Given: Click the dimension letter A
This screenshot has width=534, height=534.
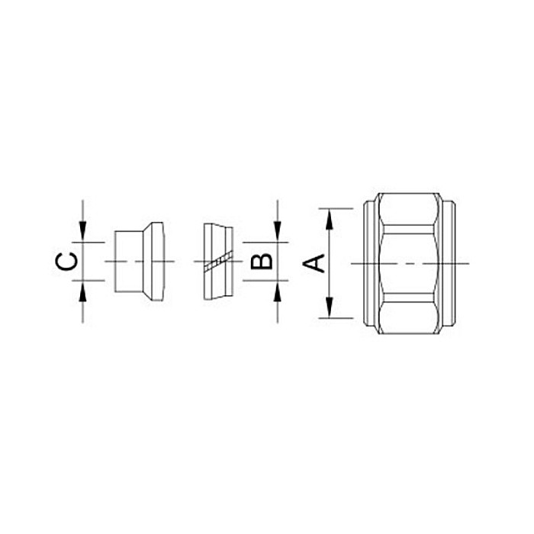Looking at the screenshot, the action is point(314,263).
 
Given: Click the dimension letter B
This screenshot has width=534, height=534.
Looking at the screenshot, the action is point(262,262).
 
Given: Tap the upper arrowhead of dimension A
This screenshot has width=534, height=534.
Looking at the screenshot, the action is point(329,220).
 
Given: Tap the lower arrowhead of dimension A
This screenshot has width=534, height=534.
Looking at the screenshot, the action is point(329,307).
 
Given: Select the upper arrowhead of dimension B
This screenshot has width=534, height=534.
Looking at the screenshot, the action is point(278,232).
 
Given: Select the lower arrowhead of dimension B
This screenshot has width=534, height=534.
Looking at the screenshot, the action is point(278,291).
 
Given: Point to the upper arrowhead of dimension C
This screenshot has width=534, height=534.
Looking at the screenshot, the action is point(82,232).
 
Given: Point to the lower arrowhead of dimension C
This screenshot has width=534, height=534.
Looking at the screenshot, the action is point(82,291).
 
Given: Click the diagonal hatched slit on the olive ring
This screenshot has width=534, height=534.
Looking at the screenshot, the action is point(219,262).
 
